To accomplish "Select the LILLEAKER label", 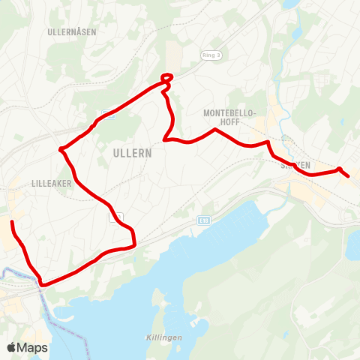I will click(51, 182).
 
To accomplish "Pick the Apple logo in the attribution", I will click(12, 347).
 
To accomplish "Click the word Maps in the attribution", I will click(33, 347).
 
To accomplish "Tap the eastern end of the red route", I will click(349, 176).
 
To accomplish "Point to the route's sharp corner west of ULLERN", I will click(61, 149).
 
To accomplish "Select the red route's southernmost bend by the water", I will click(43, 284).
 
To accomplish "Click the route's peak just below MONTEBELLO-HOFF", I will click(216, 130).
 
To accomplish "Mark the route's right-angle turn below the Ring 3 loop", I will click(165, 139).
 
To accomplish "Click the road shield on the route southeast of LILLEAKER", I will click(116, 217).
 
